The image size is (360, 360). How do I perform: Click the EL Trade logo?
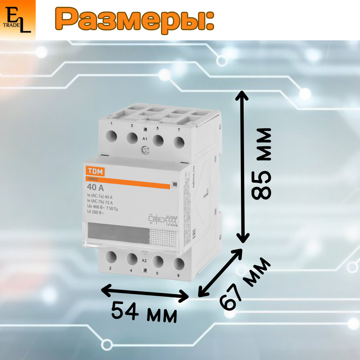18,20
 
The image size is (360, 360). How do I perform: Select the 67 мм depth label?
245,283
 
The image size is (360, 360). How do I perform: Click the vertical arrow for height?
242,167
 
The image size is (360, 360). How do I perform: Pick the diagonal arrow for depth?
220,272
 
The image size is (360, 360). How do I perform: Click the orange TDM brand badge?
96,171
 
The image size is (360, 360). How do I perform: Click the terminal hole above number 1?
111,136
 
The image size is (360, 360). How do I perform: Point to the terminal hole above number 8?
179,264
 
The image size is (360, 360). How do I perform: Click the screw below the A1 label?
145,151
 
